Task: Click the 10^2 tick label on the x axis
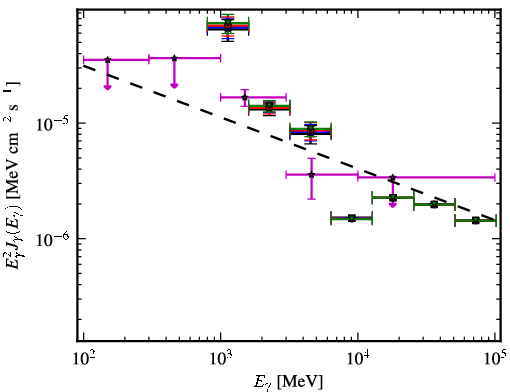(x=83, y=359)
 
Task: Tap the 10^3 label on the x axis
(x=221, y=359)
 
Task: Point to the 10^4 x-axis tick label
(x=358, y=359)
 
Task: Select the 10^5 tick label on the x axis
(x=496, y=358)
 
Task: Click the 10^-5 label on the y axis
(x=54, y=124)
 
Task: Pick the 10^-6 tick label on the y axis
(x=54, y=240)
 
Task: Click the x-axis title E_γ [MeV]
(x=288, y=382)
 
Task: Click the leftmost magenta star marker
(x=107, y=60)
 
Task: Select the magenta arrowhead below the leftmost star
(x=107, y=87)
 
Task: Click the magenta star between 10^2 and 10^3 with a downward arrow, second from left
(x=174, y=58)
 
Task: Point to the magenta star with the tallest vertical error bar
(x=311, y=175)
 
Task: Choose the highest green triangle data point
(x=228, y=23)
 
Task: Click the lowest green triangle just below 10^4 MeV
(x=352, y=218)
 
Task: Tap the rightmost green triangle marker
(x=476, y=220)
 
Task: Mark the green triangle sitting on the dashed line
(x=434, y=204)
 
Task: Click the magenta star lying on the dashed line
(x=393, y=177)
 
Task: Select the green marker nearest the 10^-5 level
(x=311, y=129)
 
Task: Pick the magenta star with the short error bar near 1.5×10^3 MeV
(x=245, y=97)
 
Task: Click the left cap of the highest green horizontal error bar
(x=207, y=26)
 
